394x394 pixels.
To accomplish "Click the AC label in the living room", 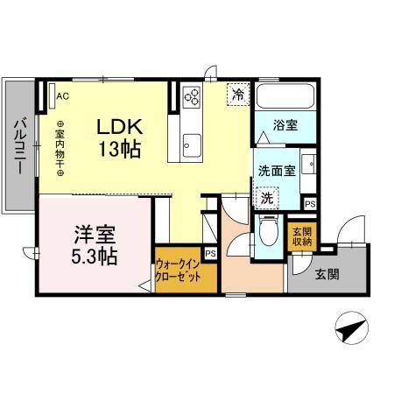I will coord(62,96).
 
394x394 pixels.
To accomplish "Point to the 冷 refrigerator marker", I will coord(236,94).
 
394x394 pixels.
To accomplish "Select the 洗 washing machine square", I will coord(266,198).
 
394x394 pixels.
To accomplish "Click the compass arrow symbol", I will coord(349,330).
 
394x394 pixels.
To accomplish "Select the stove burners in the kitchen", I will coord(192,97).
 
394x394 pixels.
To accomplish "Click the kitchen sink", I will coord(190,141).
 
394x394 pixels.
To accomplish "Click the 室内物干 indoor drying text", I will coord(60,149).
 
